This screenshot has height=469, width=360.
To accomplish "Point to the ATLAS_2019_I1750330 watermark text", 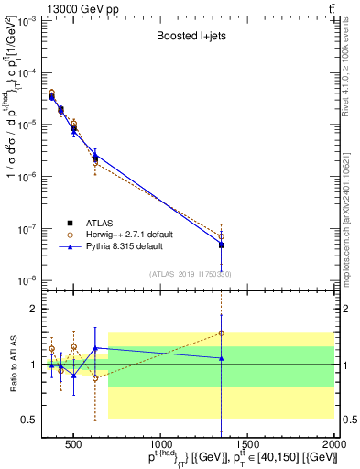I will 191,273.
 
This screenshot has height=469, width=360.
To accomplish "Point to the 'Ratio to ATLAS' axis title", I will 12,365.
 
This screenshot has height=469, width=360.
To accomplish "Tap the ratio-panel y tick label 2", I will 33,309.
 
